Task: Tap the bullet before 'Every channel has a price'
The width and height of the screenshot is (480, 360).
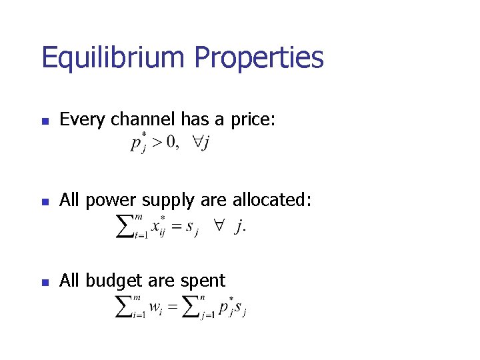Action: pos(44,122)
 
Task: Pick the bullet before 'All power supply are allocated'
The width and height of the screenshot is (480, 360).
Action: pos(44,202)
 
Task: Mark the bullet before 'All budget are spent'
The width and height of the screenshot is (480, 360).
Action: pos(44,282)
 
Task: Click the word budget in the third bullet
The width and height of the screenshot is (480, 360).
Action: pos(113,281)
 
